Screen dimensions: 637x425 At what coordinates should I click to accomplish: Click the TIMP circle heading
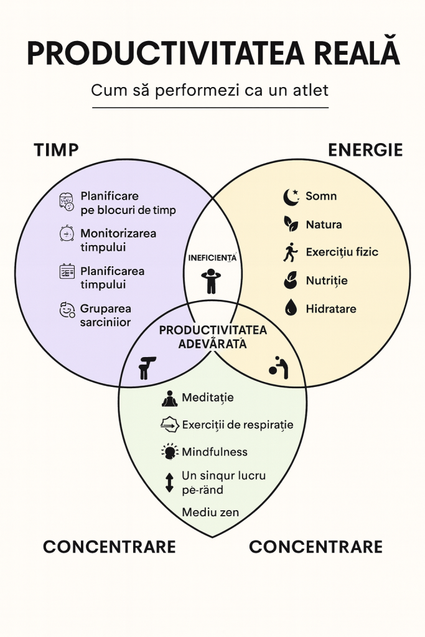(x=56, y=151)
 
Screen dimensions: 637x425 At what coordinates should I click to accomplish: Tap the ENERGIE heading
(x=365, y=151)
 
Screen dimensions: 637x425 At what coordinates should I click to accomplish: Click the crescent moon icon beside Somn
(x=291, y=197)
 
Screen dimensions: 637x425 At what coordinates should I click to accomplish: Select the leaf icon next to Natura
(x=291, y=225)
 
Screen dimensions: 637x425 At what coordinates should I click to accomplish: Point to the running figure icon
(x=291, y=253)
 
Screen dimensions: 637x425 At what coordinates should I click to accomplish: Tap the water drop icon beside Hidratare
(x=291, y=308)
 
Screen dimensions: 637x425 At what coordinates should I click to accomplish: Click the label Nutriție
(x=327, y=281)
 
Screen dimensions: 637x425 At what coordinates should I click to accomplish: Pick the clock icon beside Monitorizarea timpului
(x=67, y=234)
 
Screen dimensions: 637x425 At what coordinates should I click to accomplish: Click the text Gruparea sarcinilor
(x=106, y=315)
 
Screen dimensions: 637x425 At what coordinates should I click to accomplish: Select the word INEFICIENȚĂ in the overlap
(x=212, y=257)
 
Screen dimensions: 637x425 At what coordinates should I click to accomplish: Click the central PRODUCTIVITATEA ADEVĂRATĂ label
(x=213, y=337)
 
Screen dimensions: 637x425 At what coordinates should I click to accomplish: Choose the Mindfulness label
(x=215, y=452)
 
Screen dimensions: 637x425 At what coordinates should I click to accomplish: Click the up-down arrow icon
(x=169, y=483)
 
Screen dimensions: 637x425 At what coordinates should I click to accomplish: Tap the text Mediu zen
(x=210, y=513)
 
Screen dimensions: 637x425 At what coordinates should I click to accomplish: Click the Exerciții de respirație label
(x=237, y=425)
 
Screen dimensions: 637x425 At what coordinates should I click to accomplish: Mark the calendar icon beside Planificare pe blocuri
(x=67, y=202)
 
